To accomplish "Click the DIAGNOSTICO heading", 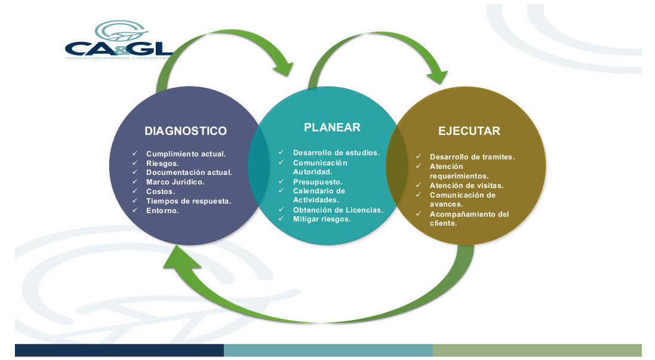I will coord(186,131).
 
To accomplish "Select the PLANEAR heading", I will coord(332,127).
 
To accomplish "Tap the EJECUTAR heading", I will coord(469,131).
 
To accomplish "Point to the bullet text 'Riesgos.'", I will coord(162,163).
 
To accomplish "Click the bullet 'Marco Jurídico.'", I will coord(175,182).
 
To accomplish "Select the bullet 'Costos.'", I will coord(161,192).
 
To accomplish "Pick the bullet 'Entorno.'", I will coord(162,211).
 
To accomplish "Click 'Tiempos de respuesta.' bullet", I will coord(189,201).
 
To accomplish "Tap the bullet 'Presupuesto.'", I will coord(318,181).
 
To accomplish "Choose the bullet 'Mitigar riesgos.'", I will coord(322,219).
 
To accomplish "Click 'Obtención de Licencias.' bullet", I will coord(338,210).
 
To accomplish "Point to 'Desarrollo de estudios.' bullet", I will coord(336,153).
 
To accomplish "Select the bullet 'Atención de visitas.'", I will coord(466,185).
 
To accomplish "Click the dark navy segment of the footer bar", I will coord(119,350).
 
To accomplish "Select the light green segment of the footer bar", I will coord(537,350).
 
